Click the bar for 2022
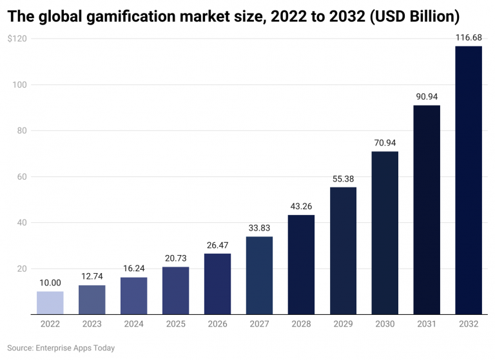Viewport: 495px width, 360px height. click(50, 303)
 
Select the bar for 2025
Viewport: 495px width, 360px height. click(175, 290)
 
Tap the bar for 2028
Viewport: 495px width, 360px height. click(301, 265)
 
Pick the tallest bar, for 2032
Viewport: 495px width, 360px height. click(468, 180)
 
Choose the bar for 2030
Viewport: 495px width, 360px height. click(385, 233)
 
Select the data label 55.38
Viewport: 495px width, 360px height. click(343, 179)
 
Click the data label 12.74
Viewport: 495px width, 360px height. click(92, 277)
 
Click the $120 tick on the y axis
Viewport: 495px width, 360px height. click(17, 39)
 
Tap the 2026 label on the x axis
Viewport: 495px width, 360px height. click(217, 325)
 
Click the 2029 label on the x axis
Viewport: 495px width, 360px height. click(343, 325)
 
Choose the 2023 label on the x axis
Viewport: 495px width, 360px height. click(92, 325)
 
